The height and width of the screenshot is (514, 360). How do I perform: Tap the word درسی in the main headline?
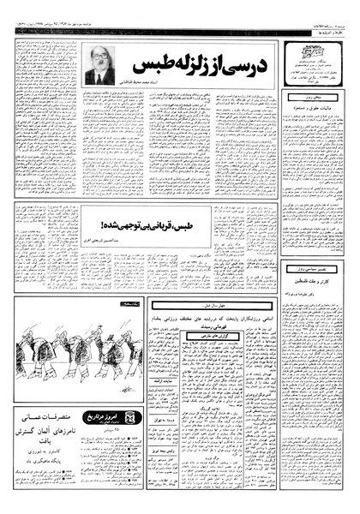[x=255, y=65]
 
